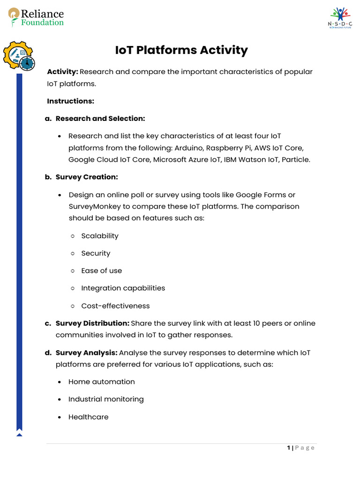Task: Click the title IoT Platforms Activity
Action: (181, 50)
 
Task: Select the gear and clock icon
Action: (19, 56)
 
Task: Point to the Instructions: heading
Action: (70, 101)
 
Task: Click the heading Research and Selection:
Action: (100, 119)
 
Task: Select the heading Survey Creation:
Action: (87, 177)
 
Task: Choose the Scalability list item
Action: (100, 236)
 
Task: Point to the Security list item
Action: (96, 254)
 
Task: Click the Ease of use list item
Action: (101, 271)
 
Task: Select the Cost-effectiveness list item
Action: (115, 306)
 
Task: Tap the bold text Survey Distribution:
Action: (92, 323)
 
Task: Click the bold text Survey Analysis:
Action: (86, 352)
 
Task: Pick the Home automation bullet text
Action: (101, 382)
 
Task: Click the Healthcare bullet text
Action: (88, 417)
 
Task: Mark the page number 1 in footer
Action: (289, 448)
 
